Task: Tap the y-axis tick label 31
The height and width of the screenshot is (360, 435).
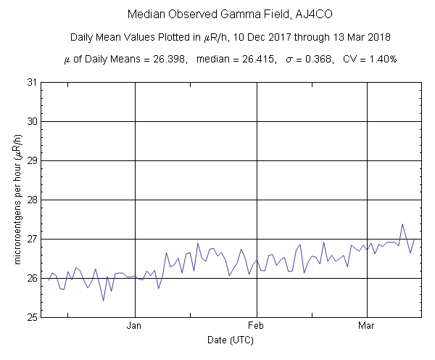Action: [30, 82]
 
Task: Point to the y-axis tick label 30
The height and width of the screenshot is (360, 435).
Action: [30, 121]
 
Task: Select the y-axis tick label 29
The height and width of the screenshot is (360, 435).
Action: [30, 160]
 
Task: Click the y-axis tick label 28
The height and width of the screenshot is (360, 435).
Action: [30, 200]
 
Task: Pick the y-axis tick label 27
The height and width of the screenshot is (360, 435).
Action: [30, 239]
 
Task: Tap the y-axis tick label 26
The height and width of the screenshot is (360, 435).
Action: [30, 278]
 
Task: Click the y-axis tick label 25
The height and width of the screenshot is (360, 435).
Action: [30, 317]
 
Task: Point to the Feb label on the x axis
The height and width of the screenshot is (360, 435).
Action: [257, 326]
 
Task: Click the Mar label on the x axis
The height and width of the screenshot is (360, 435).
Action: [368, 326]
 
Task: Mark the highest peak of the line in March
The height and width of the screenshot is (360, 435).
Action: [402, 224]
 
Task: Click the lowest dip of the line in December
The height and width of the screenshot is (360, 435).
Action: [103, 300]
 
